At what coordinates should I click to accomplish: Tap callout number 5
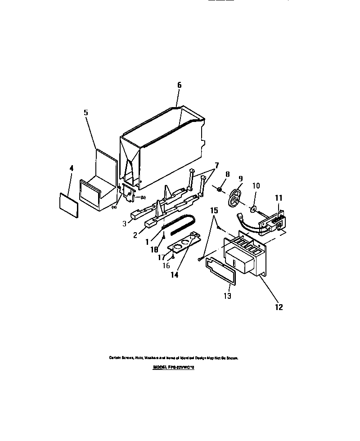coord(86,112)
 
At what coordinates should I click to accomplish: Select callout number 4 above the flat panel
coord(71,169)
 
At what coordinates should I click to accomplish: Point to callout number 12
coord(279,307)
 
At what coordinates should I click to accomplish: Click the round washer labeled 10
coord(253,208)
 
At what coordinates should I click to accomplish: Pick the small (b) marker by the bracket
coord(144,198)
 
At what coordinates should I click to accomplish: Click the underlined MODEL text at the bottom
coord(173,367)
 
